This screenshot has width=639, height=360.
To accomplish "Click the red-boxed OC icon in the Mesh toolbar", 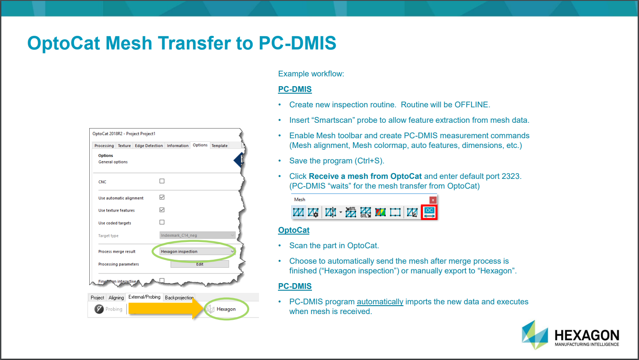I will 429,212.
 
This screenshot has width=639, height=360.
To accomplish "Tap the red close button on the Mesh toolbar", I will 433,200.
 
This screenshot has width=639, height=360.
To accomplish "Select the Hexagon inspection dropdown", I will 197,251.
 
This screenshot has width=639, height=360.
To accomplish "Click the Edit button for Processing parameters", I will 200,264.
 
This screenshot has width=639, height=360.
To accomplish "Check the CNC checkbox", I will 162,181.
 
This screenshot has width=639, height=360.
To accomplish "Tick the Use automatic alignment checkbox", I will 162,197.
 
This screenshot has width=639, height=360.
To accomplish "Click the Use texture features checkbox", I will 162,210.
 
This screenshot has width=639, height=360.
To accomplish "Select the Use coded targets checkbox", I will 162,222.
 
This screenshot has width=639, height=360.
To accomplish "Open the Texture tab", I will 124,146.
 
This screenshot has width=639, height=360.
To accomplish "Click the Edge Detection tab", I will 149,146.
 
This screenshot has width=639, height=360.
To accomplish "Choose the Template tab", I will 219,146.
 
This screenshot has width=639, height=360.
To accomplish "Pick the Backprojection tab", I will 179,298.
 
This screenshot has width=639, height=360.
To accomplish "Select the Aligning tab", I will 116,298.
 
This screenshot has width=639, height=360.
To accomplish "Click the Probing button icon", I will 99,309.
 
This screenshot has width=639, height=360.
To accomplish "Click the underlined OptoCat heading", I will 293,230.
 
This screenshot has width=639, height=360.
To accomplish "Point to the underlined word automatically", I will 380,302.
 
